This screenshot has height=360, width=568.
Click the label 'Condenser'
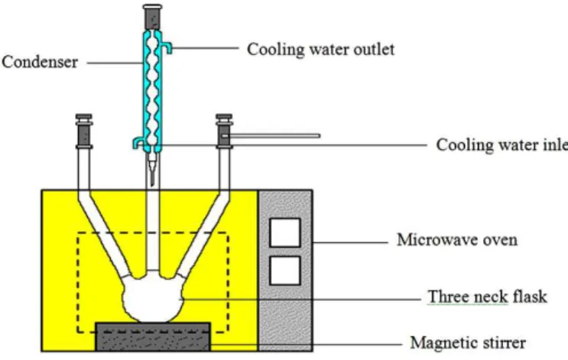pyautogui.click(x=40, y=62)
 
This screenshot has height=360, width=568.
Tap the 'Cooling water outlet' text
pyautogui.click(x=320, y=49)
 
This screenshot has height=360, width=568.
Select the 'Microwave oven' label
pyautogui.click(x=457, y=240)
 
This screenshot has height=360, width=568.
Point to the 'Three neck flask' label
pyautogui.click(x=487, y=297)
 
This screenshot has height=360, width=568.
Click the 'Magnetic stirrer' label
pyautogui.click(x=468, y=342)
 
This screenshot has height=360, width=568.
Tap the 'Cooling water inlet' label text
pyautogui.click(x=502, y=145)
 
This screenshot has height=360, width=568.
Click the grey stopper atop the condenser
pyautogui.click(x=152, y=17)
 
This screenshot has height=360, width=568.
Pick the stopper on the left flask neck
pyautogui.click(x=84, y=131)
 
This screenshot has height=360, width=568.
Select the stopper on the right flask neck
pyautogui.click(x=224, y=131)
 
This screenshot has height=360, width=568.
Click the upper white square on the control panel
pyautogui.click(x=285, y=232)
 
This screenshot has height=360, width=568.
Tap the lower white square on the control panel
pyautogui.click(x=285, y=271)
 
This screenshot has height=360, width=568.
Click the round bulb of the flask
pyautogui.click(x=153, y=298)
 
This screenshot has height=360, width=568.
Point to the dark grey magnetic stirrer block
pyautogui.click(x=152, y=337)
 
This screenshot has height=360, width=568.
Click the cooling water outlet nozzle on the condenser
pyautogui.click(x=167, y=47)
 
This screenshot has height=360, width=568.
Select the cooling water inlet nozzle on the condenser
pyautogui.click(x=138, y=143)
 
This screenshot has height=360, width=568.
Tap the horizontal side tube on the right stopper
pyautogui.click(x=271, y=136)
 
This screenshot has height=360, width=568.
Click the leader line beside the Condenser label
pyautogui.click(x=115, y=63)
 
